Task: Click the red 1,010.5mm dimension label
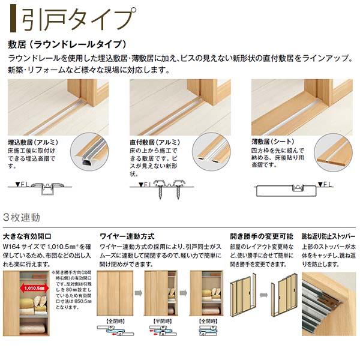[35, 287]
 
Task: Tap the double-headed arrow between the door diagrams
[264, 295]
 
